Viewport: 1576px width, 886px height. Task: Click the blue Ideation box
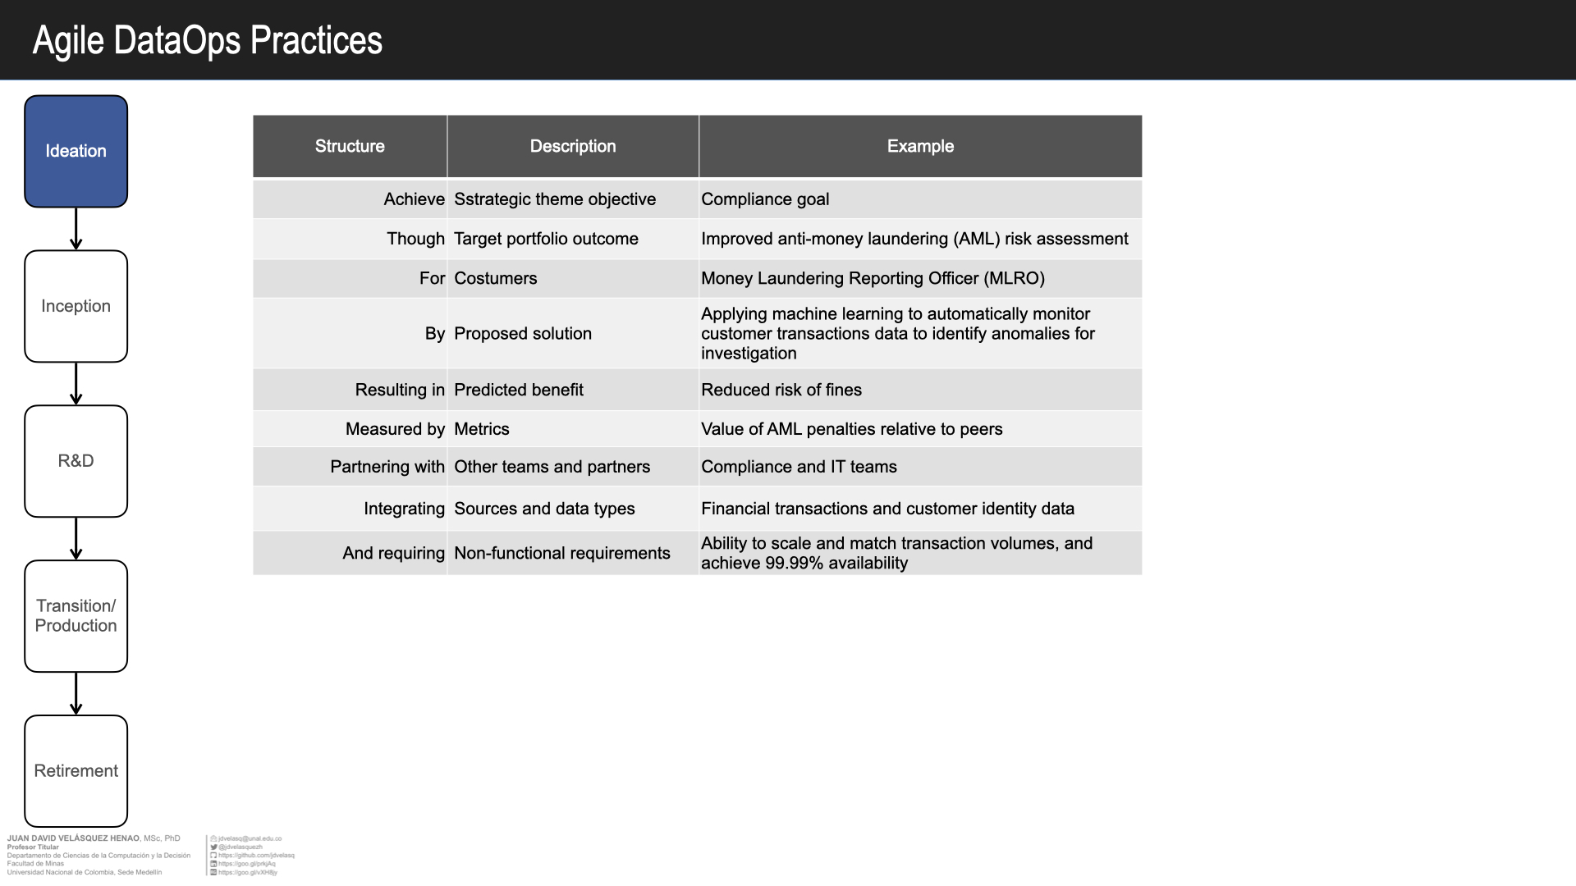click(x=76, y=151)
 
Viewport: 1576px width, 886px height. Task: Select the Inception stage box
click(x=76, y=306)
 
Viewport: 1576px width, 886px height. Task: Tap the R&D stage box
click(x=76, y=461)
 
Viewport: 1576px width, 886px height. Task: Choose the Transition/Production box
click(x=76, y=616)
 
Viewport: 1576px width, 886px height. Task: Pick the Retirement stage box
click(x=76, y=771)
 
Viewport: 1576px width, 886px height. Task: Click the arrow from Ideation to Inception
click(x=76, y=228)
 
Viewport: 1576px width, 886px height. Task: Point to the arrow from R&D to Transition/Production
click(x=76, y=538)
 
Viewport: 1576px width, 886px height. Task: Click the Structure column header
click(x=350, y=146)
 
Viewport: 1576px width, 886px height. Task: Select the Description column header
click(x=572, y=146)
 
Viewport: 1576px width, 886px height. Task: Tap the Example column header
click(x=920, y=146)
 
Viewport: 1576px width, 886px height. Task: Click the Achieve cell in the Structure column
click(x=414, y=199)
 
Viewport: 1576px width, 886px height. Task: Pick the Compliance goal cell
click(x=765, y=199)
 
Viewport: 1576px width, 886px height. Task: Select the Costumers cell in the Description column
click(x=496, y=278)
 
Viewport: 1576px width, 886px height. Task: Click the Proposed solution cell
click(x=523, y=333)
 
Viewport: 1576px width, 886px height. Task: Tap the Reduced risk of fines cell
click(x=781, y=390)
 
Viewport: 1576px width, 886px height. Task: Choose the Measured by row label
click(x=395, y=429)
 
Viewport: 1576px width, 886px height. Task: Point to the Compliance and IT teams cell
click(x=799, y=467)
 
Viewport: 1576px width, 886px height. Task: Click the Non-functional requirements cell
click(x=562, y=553)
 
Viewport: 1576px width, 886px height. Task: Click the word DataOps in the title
click(x=176, y=40)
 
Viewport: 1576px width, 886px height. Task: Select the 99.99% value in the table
click(x=794, y=564)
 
